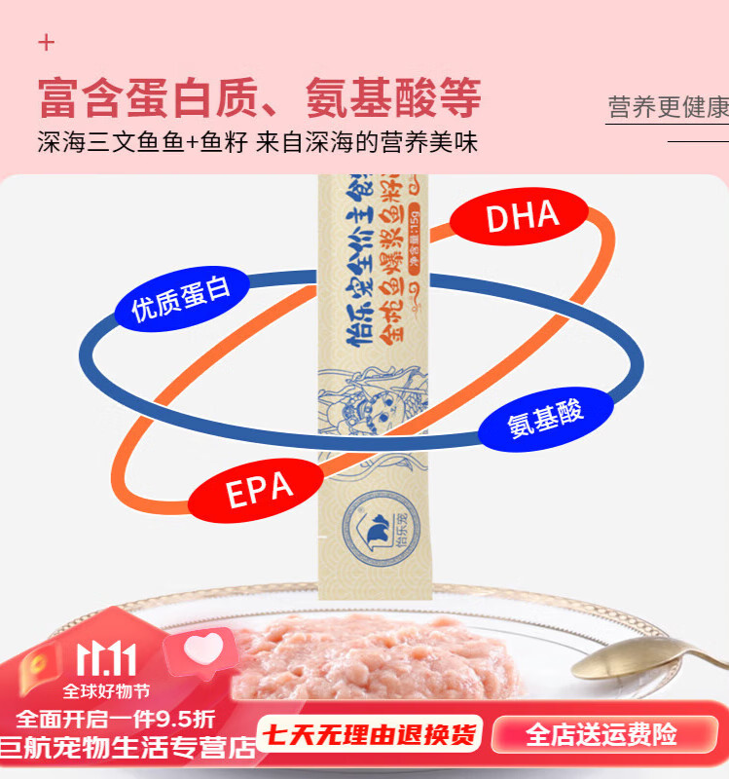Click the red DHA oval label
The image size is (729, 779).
tap(523, 216)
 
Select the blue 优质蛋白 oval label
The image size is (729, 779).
tap(181, 300)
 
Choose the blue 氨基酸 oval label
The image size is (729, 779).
tap(546, 419)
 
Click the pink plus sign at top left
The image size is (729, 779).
tap(47, 43)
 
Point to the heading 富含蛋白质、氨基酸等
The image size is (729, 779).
tap(260, 99)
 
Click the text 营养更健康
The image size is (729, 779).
tap(668, 107)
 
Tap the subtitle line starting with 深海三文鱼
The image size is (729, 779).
tap(258, 143)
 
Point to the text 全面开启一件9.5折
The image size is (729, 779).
tap(115, 720)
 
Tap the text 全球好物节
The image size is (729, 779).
tap(107, 692)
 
